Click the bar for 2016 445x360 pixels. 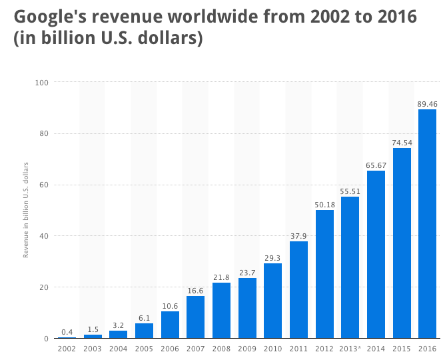pyautogui.click(x=427, y=224)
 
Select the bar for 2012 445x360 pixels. pyautogui.click(x=324, y=274)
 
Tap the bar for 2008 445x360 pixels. pyautogui.click(x=221, y=311)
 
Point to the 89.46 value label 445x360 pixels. pyautogui.click(x=427, y=103)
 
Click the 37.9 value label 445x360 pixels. pyautogui.click(x=298, y=235)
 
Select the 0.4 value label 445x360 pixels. pyautogui.click(x=67, y=331)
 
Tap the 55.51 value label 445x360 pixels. pyautogui.click(x=350, y=191)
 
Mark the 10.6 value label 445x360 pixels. pyautogui.click(x=170, y=305)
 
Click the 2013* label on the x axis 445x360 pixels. pyautogui.click(x=350, y=349)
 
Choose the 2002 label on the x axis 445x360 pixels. pyautogui.click(x=67, y=349)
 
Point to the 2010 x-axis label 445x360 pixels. pyautogui.click(x=272, y=349)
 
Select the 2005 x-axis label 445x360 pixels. pyautogui.click(x=144, y=349)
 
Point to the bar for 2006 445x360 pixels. pyautogui.click(x=170, y=325)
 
